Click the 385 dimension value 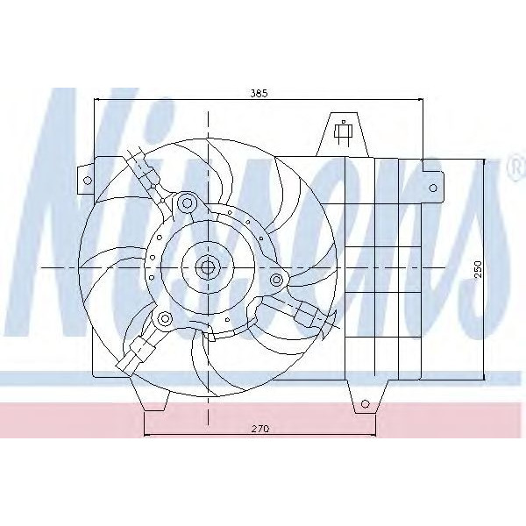pos(257,91)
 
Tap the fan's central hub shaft pos(207,267)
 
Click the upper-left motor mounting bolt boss pos(185,204)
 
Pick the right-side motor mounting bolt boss pos(277,280)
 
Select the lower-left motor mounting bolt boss pos(164,317)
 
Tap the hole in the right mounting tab pos(434,186)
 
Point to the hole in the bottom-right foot pos(363,404)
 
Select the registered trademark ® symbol pos(513,167)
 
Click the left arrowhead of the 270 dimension pos(146,436)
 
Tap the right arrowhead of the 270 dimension pos(373,436)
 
